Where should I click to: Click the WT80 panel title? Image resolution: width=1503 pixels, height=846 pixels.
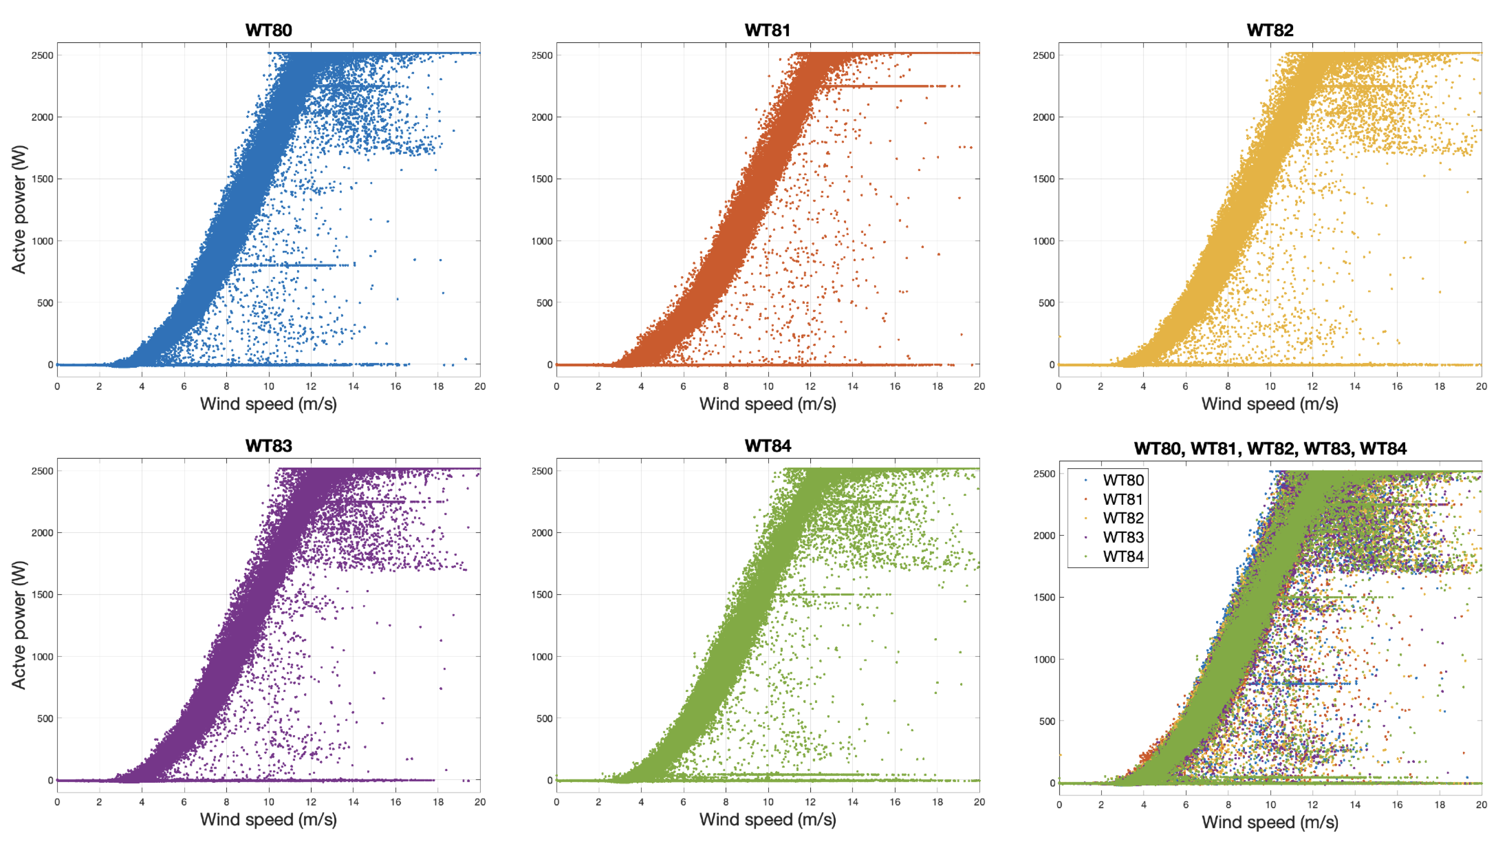tap(268, 30)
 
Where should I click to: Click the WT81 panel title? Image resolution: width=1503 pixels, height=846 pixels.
tap(767, 30)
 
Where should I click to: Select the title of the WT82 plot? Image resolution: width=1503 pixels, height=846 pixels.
tap(1270, 30)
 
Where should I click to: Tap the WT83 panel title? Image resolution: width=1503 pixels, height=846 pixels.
tap(268, 446)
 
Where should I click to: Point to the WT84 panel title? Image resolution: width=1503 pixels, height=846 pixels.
tap(767, 446)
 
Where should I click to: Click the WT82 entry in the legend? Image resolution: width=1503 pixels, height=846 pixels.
tap(1123, 518)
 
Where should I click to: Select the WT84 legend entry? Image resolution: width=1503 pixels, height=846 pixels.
tap(1123, 556)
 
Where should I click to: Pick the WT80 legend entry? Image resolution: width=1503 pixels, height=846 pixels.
tap(1123, 480)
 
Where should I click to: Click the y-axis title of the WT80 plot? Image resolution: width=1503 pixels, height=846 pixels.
tap(19, 209)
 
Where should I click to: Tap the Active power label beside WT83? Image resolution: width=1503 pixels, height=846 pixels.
tap(19, 625)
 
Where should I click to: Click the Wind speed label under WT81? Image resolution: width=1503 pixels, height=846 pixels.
tap(767, 404)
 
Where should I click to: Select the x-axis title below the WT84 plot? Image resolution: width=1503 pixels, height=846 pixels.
tap(767, 820)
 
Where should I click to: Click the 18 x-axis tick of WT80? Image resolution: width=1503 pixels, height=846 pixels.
tap(438, 386)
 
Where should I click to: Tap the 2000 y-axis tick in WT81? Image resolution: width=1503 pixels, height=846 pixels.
tap(542, 117)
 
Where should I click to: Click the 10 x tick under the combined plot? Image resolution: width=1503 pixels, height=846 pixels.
tap(1270, 805)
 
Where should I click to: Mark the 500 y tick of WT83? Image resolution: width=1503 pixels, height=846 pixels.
tap(45, 719)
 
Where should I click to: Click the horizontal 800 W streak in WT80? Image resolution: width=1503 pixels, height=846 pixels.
tap(292, 265)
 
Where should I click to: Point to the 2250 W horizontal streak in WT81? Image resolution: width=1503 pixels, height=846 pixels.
tap(887, 86)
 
